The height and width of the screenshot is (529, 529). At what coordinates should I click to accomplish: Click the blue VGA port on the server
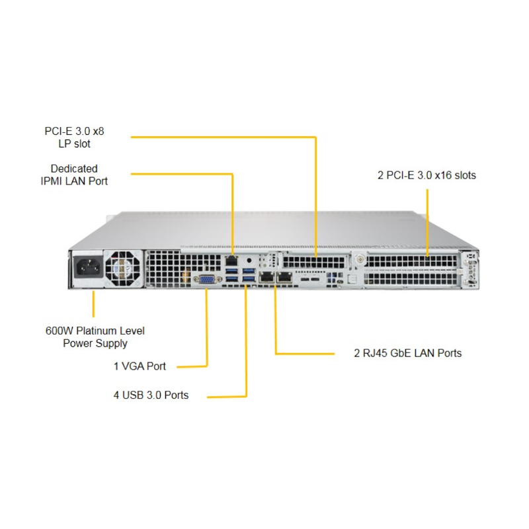pyautogui.click(x=206, y=279)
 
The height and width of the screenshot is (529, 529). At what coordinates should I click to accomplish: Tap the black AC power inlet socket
pyautogui.click(x=88, y=269)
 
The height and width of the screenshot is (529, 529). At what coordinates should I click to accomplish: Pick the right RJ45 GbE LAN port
pyautogui.click(x=284, y=277)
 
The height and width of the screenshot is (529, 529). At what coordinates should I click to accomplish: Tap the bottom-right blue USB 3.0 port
pyautogui.click(x=248, y=284)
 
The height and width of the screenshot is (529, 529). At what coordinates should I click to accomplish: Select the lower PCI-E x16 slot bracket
pyautogui.click(x=410, y=280)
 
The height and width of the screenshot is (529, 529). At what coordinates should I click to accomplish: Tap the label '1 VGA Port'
pyautogui.click(x=140, y=366)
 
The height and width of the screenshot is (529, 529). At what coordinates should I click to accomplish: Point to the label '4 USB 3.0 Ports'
pyautogui.click(x=151, y=395)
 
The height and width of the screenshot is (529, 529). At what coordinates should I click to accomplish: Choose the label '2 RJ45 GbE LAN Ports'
pyautogui.click(x=407, y=353)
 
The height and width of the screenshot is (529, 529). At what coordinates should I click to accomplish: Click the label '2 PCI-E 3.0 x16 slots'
pyautogui.click(x=427, y=175)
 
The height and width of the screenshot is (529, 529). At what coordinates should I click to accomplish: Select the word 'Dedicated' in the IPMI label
pyautogui.click(x=74, y=169)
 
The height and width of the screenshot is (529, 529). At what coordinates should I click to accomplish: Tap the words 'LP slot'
pyautogui.click(x=74, y=143)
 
